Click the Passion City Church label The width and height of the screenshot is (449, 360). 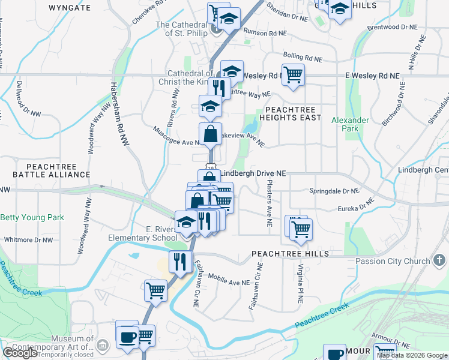point(392,261)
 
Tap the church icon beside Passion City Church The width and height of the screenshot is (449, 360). point(439,260)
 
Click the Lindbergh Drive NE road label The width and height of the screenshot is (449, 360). point(253,173)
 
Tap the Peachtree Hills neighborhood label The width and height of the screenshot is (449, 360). point(291,254)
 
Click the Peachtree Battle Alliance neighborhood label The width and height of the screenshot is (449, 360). point(52,169)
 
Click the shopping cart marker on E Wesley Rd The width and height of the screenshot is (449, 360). point(293,75)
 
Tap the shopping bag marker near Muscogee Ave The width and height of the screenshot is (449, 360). point(211,134)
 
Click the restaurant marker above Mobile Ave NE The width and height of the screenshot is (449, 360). point(180,262)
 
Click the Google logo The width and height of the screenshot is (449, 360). point(20,353)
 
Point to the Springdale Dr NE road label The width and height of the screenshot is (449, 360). point(334,191)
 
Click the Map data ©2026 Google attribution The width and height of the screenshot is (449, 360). point(412,355)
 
